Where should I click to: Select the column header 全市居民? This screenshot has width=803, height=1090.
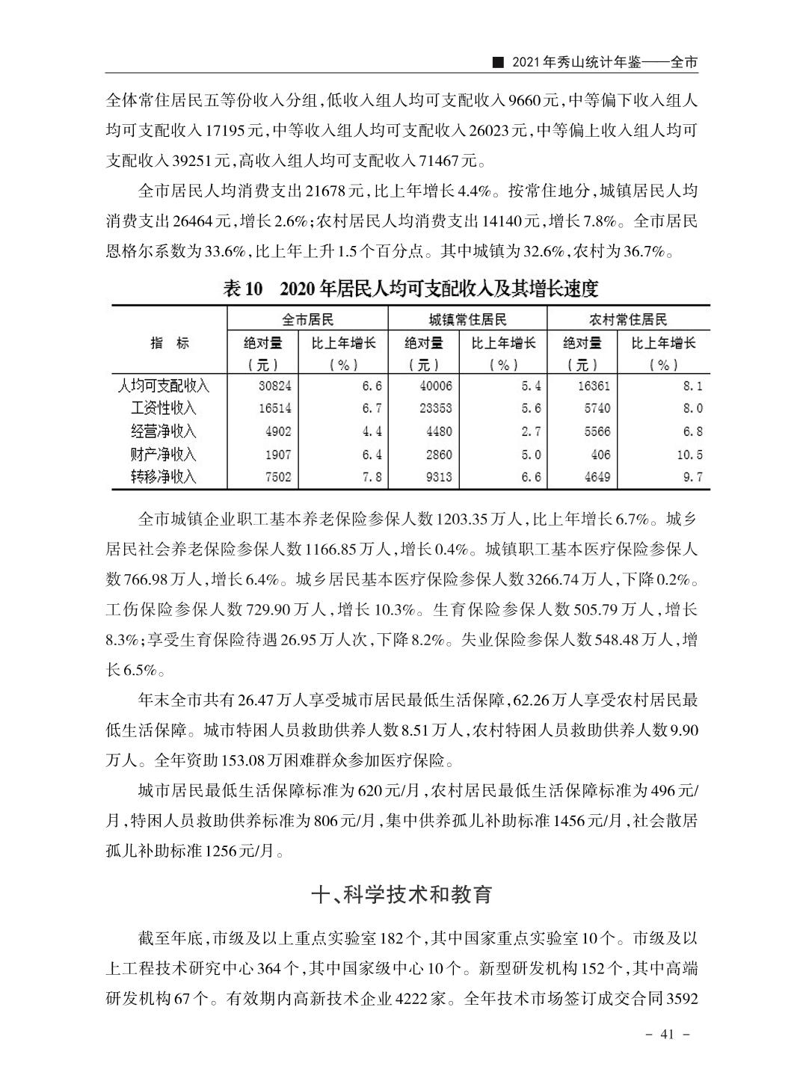click(307, 319)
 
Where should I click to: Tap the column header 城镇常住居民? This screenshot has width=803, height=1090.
click(467, 319)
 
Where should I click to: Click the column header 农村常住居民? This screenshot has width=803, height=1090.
click(628, 319)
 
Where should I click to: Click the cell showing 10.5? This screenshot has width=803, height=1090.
click(688, 454)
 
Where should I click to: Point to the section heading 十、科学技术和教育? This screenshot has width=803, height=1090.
click(401, 894)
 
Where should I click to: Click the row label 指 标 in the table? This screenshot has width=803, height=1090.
click(170, 343)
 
